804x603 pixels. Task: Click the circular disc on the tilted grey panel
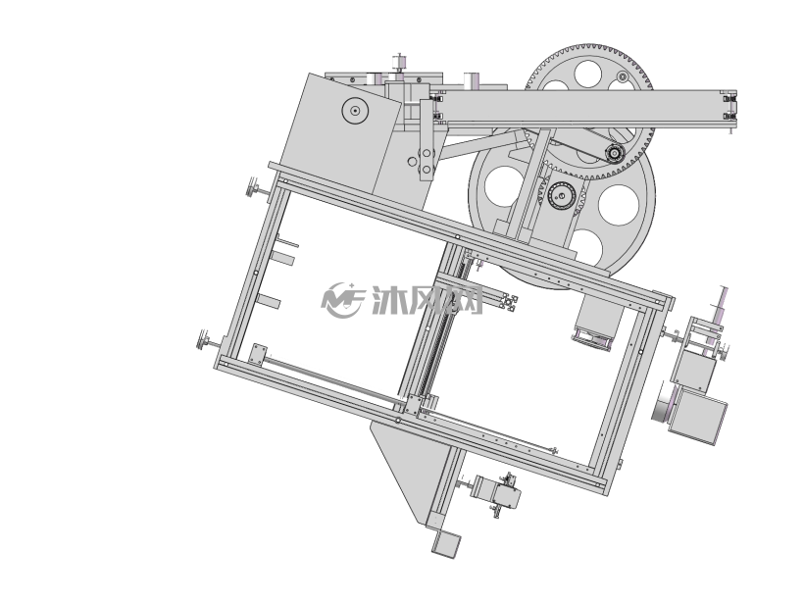tap(355, 110)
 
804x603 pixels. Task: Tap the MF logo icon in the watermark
tap(342, 300)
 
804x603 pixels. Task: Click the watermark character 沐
tap(389, 300)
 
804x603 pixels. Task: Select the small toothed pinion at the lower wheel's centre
tap(562, 195)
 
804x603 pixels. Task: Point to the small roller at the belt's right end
tap(614, 152)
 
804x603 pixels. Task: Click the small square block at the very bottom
tap(446, 544)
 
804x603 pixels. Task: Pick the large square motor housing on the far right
tap(697, 416)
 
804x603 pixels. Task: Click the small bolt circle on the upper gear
tap(623, 76)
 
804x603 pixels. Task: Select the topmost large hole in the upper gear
tap(587, 74)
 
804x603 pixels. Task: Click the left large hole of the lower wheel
tap(503, 186)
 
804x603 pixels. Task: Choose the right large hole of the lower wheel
tap(619, 205)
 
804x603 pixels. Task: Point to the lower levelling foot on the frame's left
tap(209, 341)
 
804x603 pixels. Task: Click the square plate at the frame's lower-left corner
tap(258, 355)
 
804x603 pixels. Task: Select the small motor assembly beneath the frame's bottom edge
tap(496, 494)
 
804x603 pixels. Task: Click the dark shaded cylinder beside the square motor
tap(662, 406)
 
